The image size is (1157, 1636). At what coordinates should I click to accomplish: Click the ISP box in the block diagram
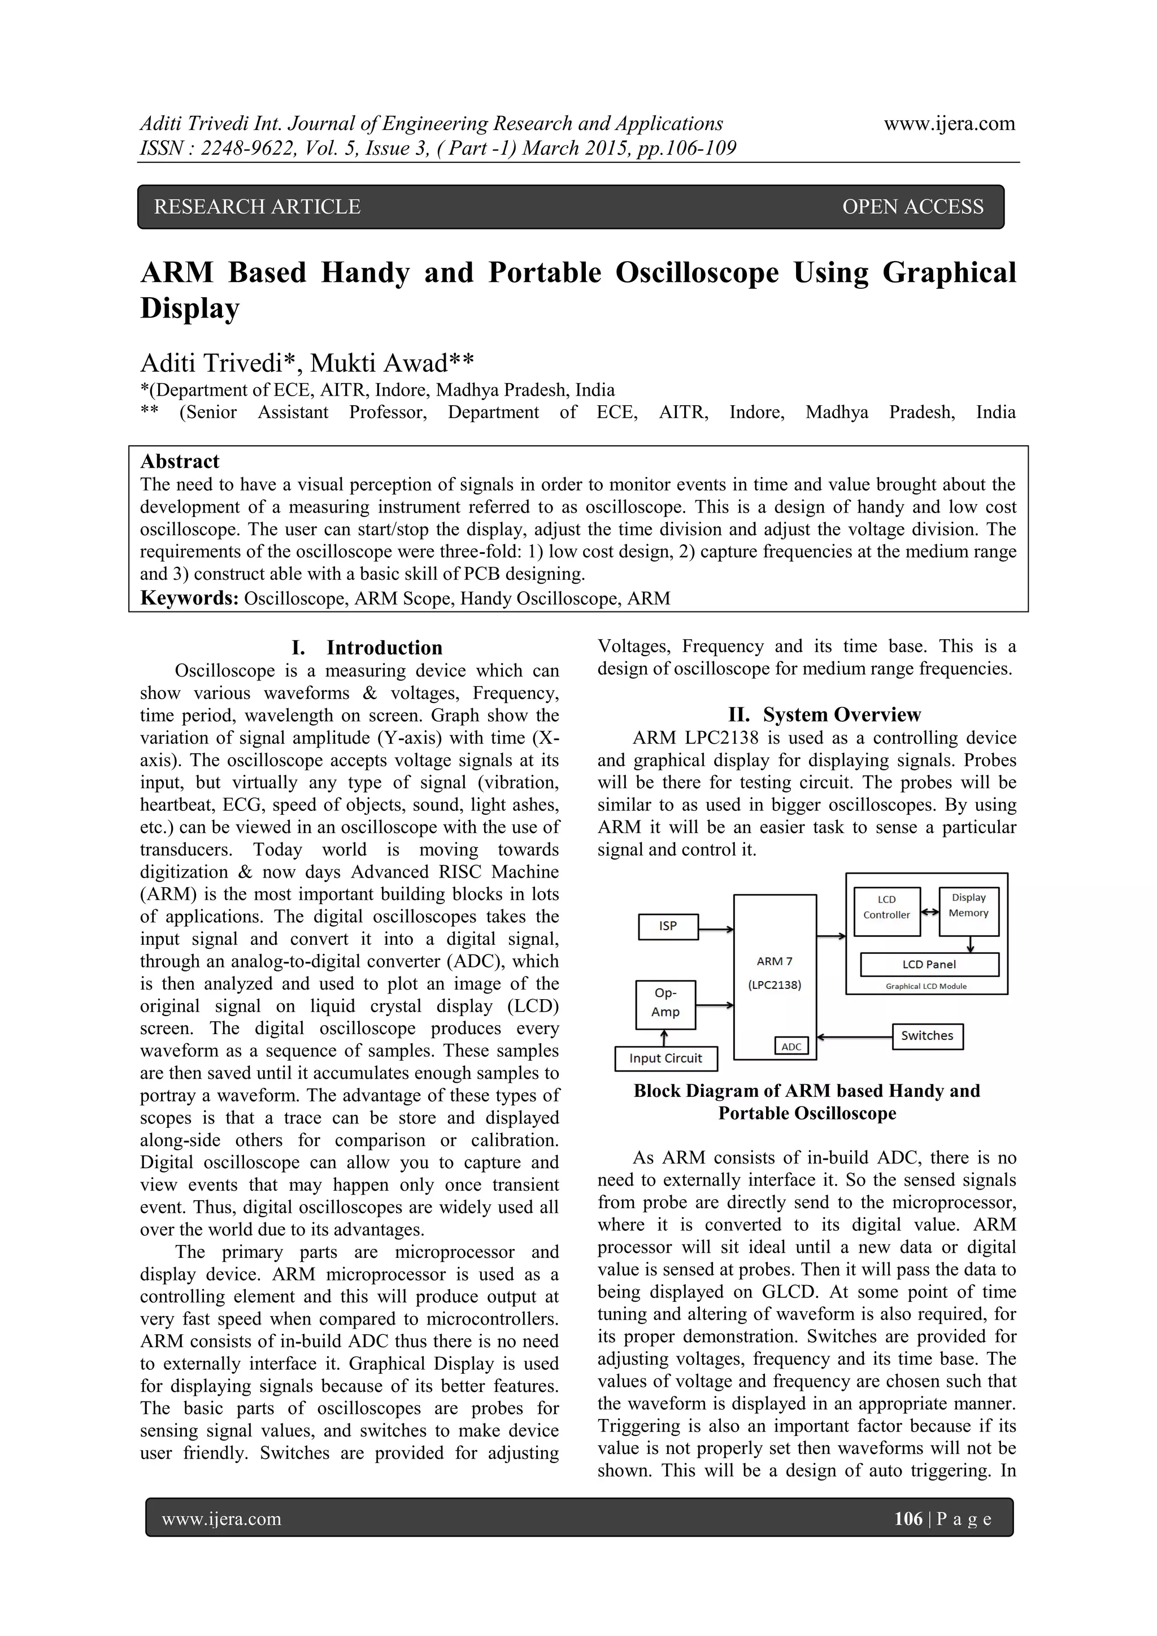pos(668,926)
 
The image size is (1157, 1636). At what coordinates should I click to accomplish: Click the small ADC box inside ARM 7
pos(791,1046)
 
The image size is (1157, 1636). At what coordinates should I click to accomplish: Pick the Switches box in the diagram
pos(927,1036)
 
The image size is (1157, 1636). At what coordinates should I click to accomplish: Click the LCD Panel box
pos(929,964)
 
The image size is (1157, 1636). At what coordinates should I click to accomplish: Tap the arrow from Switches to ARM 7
pos(854,1037)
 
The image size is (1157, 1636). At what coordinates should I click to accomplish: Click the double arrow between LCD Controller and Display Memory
pos(929,912)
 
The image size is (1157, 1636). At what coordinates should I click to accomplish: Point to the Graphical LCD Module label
pos(925,986)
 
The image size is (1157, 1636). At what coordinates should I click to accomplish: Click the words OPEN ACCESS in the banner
pos(912,207)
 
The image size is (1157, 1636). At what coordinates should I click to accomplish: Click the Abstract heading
pos(180,461)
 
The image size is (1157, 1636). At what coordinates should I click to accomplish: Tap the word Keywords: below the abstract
pos(189,598)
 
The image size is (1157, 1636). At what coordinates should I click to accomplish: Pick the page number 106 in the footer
pos(908,1518)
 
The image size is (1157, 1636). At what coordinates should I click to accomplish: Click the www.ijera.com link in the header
pos(949,124)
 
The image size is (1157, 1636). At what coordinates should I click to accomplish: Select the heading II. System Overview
pos(824,715)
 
